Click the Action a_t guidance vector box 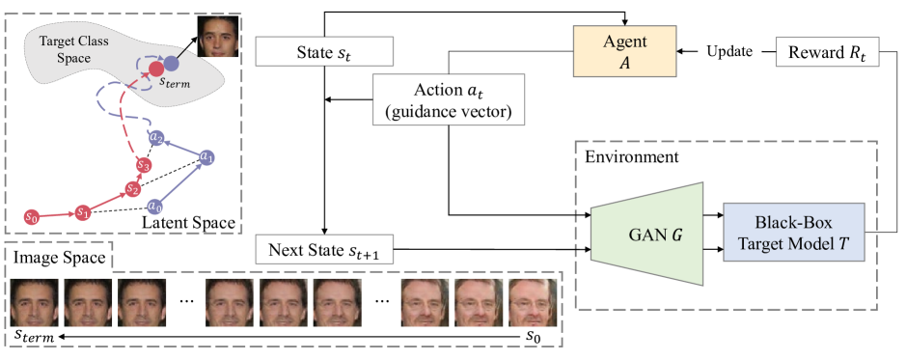tap(449, 99)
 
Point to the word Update tap(730, 50)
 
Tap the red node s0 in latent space tap(33, 216)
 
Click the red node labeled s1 tap(83, 211)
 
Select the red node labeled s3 tap(144, 166)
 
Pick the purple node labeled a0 tap(154, 206)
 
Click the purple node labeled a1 tap(206, 155)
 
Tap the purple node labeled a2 tap(157, 137)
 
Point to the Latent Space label tap(188, 223)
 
